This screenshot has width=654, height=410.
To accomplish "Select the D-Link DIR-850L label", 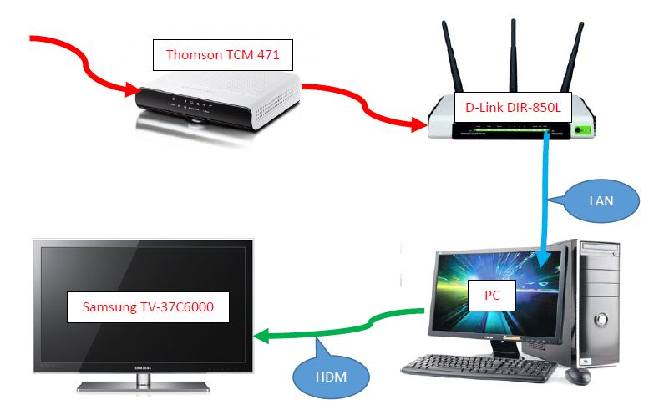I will pyautogui.click(x=513, y=107).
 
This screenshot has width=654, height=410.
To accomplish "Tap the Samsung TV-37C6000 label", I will pyautogui.click(x=148, y=306).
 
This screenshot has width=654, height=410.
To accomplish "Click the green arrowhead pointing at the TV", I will pyautogui.click(x=263, y=337).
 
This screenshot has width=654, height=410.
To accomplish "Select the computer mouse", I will pyautogui.click(x=577, y=376).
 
